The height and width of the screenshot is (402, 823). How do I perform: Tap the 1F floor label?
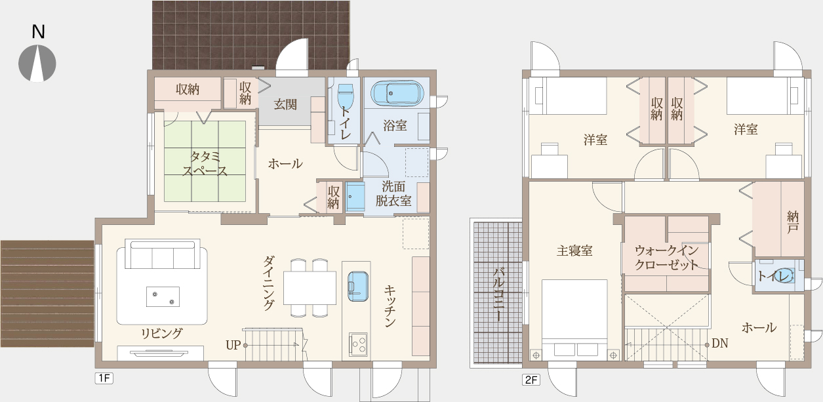tap(104, 378)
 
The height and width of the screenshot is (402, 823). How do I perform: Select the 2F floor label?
tap(531, 380)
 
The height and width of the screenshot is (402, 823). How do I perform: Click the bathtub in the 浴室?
tap(397, 93)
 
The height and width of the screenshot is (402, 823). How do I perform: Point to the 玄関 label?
tap(285, 105)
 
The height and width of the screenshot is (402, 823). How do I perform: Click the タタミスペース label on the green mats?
tap(205, 164)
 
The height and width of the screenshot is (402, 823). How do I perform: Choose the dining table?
tap(310, 288)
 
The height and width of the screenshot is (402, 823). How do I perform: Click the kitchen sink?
tap(358, 287)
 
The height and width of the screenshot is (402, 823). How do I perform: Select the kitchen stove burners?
tap(358, 344)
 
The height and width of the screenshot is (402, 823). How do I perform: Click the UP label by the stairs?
tap(233, 345)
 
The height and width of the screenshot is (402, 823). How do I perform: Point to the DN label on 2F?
tap(720, 343)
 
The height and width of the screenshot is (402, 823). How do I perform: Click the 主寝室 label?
tap(574, 251)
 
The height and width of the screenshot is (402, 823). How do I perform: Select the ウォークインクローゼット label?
tap(666, 258)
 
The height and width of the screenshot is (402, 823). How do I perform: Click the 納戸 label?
tap(792, 222)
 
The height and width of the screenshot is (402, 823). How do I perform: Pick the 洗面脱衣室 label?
tap(393, 193)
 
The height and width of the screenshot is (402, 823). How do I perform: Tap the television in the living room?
tap(160, 353)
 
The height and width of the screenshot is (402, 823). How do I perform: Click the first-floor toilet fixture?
tap(345, 94)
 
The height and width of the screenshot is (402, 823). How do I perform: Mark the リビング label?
tap(162, 333)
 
